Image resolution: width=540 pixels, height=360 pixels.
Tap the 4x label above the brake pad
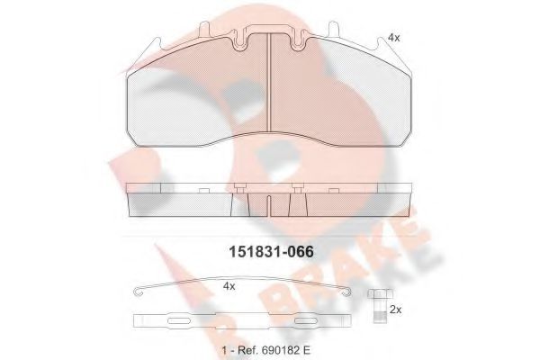(x=392, y=38)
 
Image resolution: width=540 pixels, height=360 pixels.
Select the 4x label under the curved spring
(x=229, y=286)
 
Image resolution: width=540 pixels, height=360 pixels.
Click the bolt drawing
(x=377, y=308)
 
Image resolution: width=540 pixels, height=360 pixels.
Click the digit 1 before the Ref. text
(x=223, y=347)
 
